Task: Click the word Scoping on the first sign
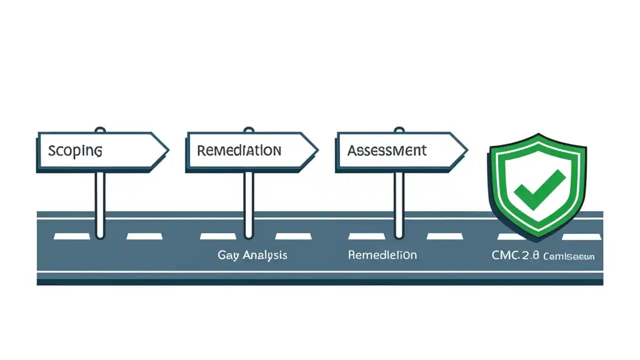click(x=75, y=150)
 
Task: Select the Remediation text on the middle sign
click(x=238, y=150)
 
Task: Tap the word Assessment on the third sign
click(x=387, y=150)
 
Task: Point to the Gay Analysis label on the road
click(x=252, y=255)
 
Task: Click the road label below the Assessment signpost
click(x=382, y=255)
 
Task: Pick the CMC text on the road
click(x=505, y=255)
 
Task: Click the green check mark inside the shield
click(x=539, y=189)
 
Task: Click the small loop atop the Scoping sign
click(x=100, y=130)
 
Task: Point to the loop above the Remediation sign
click(x=248, y=130)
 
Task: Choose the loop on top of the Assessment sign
click(x=398, y=130)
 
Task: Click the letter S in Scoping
click(x=52, y=150)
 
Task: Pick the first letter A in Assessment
click(x=352, y=150)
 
